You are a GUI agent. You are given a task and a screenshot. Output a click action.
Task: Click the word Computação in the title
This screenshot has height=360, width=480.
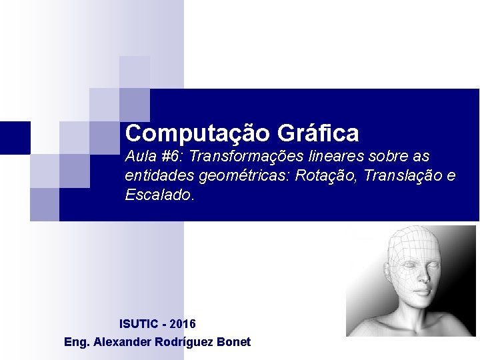pyautogui.click(x=197, y=133)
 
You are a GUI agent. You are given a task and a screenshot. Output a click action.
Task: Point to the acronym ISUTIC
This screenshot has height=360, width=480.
pyautogui.click(x=139, y=324)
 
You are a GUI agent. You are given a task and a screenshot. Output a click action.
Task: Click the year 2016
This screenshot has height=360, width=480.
pyautogui.click(x=183, y=324)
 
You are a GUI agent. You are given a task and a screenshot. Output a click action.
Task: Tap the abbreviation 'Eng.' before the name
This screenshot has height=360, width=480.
pyautogui.click(x=77, y=342)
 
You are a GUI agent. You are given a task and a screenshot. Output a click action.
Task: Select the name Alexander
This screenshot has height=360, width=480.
pyautogui.click(x=124, y=342)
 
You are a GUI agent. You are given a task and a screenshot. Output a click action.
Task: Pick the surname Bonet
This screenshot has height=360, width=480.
pyautogui.click(x=235, y=342)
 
